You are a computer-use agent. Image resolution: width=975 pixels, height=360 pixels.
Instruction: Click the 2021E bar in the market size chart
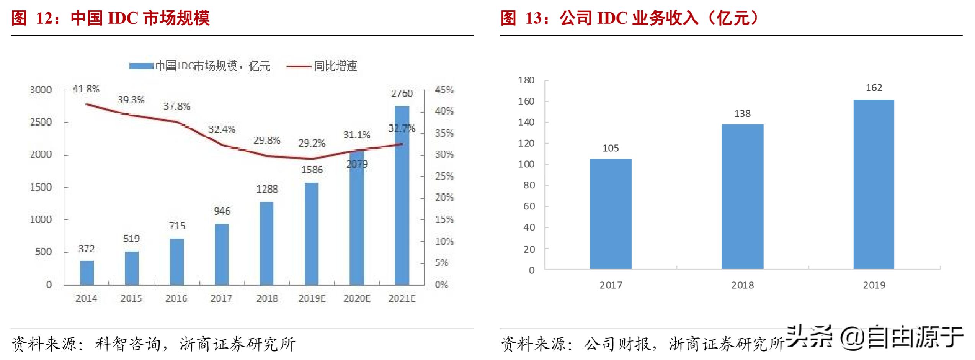[402, 195]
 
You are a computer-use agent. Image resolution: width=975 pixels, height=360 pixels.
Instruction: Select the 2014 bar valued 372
[87, 273]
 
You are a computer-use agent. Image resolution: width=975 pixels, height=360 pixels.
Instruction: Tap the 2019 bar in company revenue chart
[874, 184]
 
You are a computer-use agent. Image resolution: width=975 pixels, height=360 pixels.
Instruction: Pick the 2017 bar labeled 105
[610, 214]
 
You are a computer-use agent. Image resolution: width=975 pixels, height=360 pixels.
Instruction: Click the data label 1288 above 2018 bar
[267, 189]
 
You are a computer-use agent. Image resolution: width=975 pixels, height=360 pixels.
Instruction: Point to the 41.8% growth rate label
[86, 89]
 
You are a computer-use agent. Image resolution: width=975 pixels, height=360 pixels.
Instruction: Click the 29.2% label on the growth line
[312, 143]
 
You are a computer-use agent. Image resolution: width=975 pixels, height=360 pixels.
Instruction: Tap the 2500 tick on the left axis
[41, 122]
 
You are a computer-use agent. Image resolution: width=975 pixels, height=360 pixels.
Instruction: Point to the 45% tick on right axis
[444, 90]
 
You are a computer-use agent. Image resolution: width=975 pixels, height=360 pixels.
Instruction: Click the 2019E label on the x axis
[312, 299]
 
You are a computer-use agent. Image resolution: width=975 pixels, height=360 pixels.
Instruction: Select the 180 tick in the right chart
[526, 80]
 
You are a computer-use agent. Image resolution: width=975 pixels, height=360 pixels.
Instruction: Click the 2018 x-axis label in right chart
[742, 285]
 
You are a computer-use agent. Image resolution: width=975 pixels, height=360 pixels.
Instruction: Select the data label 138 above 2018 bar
[742, 114]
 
